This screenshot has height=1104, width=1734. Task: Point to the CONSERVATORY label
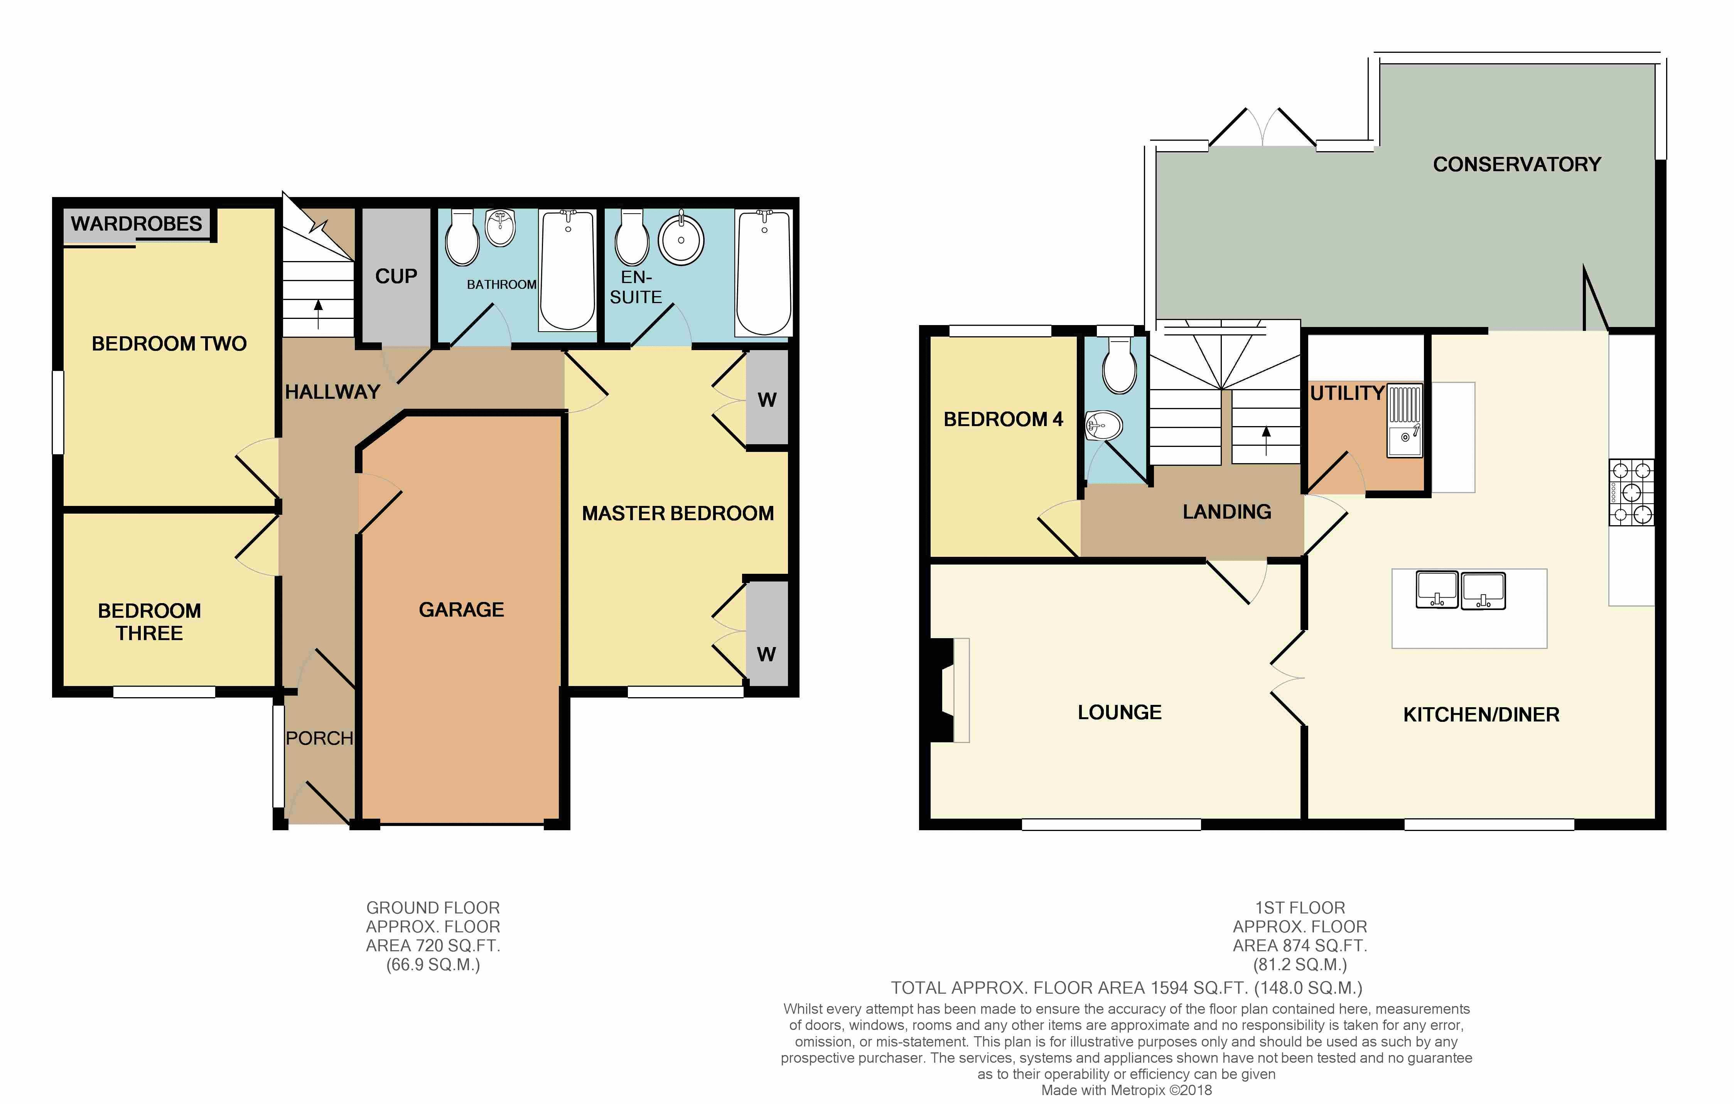pyautogui.click(x=1516, y=164)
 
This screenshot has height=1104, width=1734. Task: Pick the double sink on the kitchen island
pyautogui.click(x=1460, y=590)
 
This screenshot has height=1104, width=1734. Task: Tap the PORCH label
pyautogui.click(x=319, y=738)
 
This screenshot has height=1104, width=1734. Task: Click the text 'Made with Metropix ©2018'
pyautogui.click(x=1126, y=1090)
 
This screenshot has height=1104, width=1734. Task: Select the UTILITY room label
pyautogui.click(x=1346, y=393)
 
